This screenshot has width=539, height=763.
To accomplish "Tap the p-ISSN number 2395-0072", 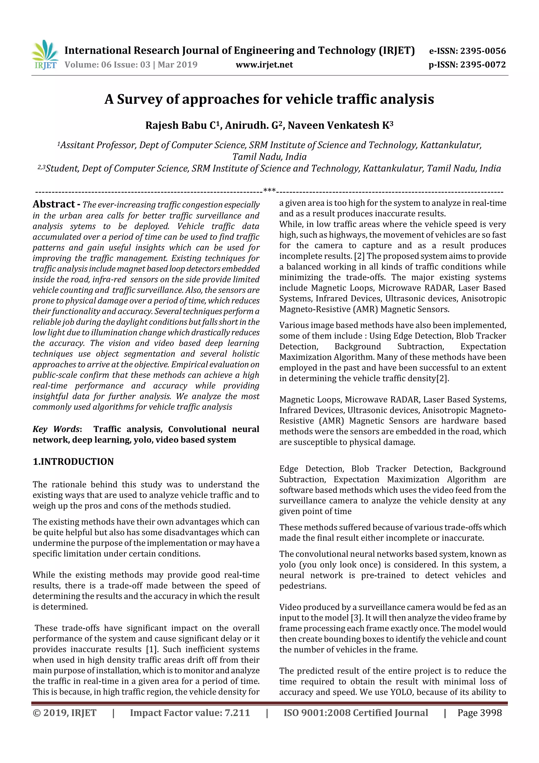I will coord(483,65).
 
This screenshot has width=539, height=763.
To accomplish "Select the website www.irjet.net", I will coord(264,65).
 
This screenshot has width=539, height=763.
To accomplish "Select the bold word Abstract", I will coord(54,204).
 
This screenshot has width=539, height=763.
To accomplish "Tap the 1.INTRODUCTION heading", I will coord(73,462).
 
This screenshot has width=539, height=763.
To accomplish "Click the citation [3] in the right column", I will coord(354,618).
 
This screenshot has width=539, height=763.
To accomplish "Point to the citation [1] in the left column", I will coord(152,649).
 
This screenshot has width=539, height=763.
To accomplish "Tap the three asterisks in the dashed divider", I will coord(269,190).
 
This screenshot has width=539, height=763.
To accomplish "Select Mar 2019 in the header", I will coord(177,65).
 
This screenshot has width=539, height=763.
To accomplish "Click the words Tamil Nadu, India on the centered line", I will coord(269,157).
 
